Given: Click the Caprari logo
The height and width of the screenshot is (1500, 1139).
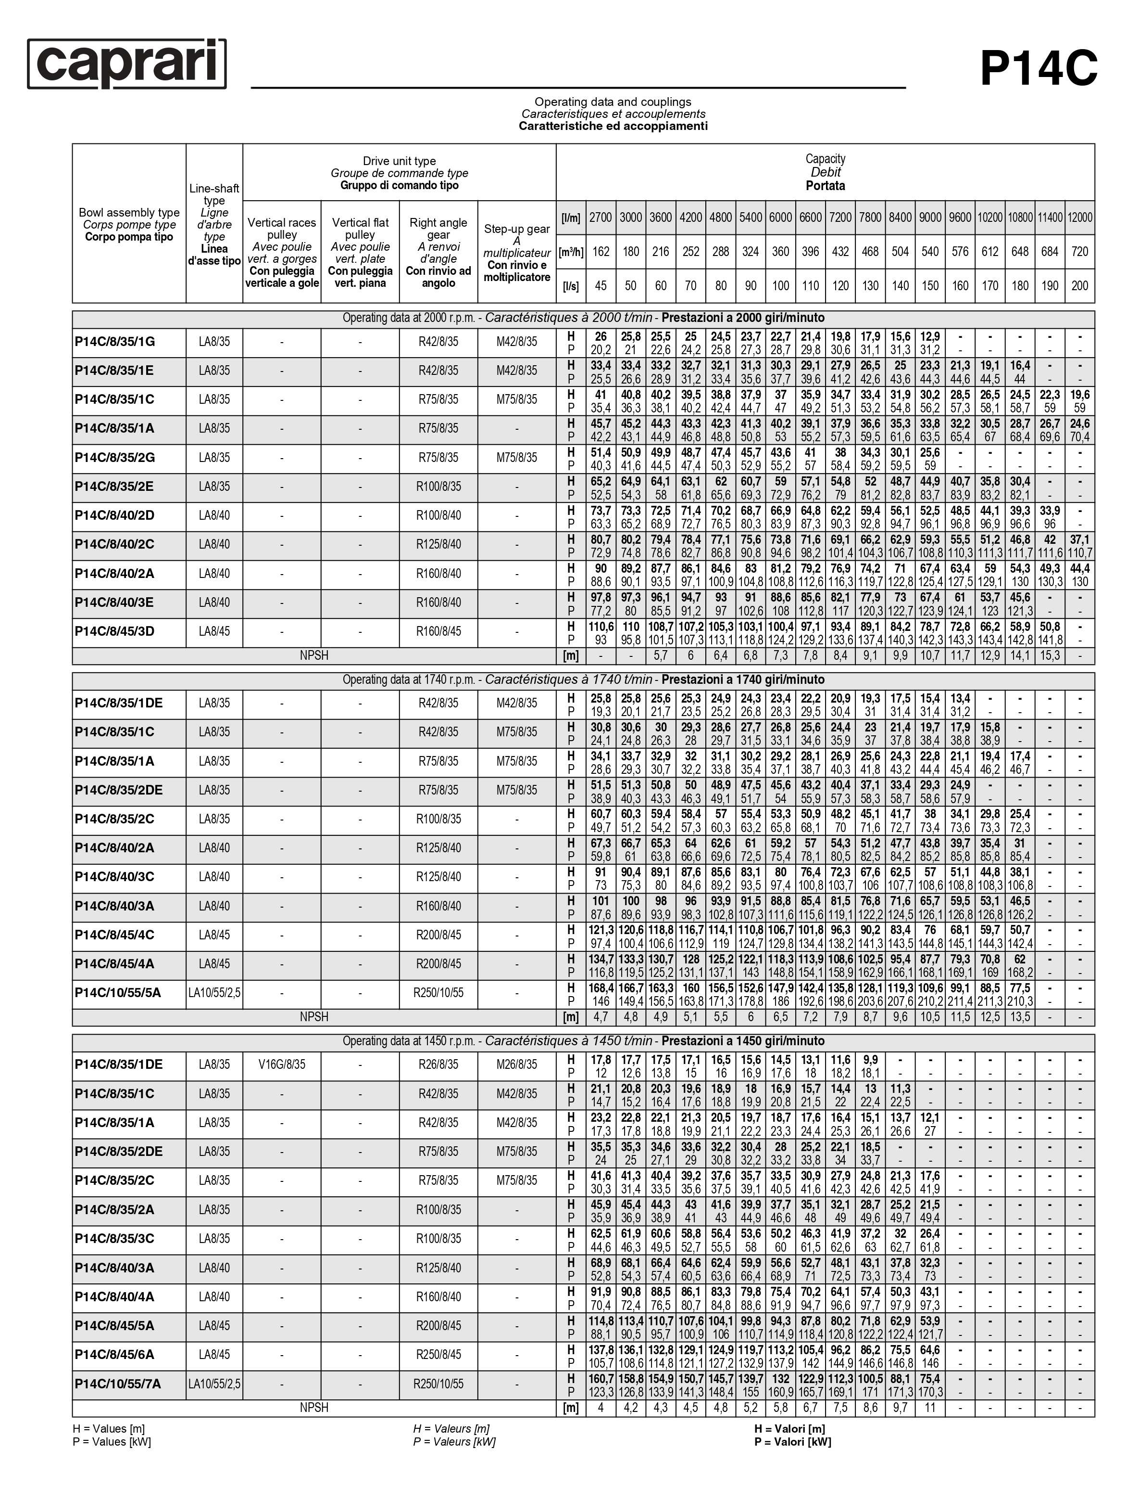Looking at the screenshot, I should (127, 64).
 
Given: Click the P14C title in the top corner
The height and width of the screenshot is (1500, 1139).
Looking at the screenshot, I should (1038, 68).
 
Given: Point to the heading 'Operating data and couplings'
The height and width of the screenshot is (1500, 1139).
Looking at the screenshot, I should (613, 102).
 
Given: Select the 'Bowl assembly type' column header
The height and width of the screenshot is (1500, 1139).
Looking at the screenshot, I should (129, 212).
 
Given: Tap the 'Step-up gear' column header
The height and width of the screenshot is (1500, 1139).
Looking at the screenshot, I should (517, 230).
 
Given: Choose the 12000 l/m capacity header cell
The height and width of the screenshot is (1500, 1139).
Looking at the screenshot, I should (1079, 218).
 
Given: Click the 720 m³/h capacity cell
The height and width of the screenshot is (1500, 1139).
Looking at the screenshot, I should (1079, 252).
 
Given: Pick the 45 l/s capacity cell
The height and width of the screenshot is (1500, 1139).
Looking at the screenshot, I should (601, 286).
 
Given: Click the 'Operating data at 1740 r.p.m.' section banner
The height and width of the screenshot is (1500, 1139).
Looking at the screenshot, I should (583, 680).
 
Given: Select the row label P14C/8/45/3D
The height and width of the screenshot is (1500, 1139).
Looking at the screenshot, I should (114, 631).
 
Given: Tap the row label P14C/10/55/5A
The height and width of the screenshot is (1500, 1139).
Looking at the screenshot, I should (118, 993).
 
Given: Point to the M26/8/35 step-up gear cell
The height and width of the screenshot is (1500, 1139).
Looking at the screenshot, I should (517, 1064).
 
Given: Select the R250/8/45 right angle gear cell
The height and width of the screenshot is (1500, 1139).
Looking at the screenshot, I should (438, 1355).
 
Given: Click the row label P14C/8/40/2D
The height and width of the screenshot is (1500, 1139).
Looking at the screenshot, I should (114, 515).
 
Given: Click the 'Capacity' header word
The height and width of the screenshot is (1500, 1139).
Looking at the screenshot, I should (825, 159).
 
